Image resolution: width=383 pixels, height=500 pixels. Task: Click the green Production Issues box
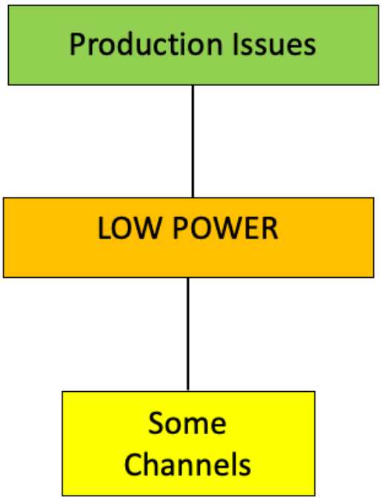(x=193, y=44)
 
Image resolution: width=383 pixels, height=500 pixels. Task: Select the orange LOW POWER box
(x=188, y=237)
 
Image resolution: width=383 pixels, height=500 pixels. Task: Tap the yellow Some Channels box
(x=188, y=443)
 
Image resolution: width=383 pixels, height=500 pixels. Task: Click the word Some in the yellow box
(x=187, y=424)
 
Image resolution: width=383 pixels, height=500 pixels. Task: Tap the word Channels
(x=187, y=464)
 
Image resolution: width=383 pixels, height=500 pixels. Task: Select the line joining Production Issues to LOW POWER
(x=193, y=141)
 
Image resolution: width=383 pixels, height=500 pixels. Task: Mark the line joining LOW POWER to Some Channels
(x=188, y=333)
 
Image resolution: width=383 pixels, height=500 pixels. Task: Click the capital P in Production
(x=76, y=44)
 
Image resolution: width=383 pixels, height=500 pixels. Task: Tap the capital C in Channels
(x=133, y=464)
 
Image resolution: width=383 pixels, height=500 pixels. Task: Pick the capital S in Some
(x=156, y=424)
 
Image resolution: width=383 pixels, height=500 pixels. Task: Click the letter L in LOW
(x=104, y=229)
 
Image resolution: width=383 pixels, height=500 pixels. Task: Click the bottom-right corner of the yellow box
(x=315, y=496)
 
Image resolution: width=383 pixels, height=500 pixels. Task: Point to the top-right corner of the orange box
(x=373, y=198)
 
